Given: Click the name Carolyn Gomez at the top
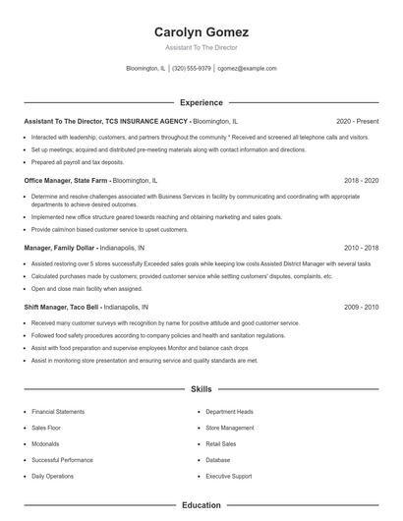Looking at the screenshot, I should (x=201, y=31).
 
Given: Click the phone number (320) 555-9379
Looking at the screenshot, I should (x=192, y=69).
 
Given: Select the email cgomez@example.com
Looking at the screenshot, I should (x=247, y=69).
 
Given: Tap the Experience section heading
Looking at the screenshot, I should (x=201, y=102).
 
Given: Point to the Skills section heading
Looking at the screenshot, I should (x=201, y=389).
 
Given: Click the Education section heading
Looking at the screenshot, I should (x=201, y=505).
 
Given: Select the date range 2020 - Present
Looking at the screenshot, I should (x=357, y=121).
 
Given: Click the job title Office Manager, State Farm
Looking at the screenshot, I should (x=66, y=181).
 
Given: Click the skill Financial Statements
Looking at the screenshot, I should (x=56, y=412).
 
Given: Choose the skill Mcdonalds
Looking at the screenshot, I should (x=45, y=444).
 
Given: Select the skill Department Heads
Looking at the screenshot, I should (x=229, y=412).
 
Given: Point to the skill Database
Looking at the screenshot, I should (x=218, y=460).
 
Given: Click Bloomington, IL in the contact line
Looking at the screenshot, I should (x=146, y=69).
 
